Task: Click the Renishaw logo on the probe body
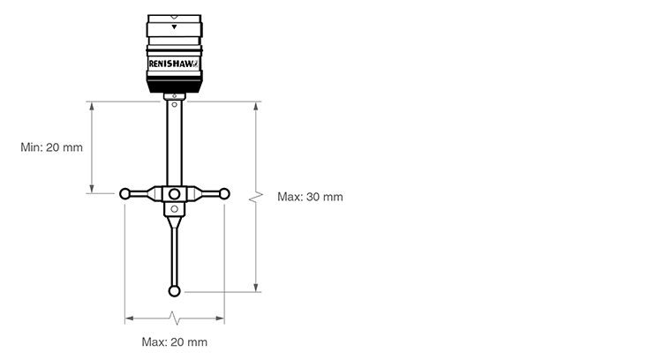coord(173,64)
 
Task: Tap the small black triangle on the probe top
coord(174,27)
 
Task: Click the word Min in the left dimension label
coord(31,147)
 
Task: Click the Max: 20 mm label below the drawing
coord(175,342)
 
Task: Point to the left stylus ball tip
coord(124,194)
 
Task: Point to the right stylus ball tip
coord(224,194)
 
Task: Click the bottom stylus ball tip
coord(174,291)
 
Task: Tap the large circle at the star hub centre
coord(174,194)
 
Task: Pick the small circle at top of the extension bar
coord(174,105)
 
